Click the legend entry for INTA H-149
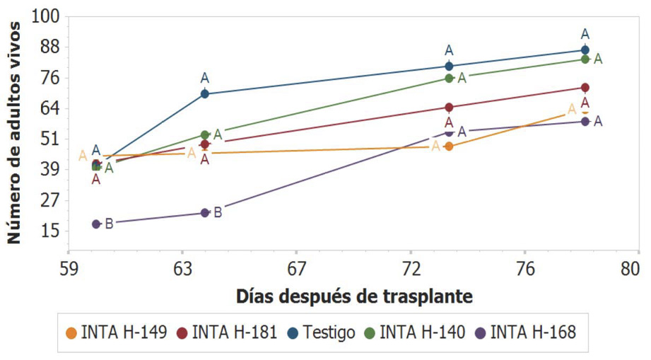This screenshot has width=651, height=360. [117, 332]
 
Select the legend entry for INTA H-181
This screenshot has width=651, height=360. [227, 332]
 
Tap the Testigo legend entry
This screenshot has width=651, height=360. [322, 332]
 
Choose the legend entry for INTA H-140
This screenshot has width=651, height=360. [415, 332]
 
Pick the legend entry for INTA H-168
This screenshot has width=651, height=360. [526, 332]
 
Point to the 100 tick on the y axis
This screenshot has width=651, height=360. [46, 16]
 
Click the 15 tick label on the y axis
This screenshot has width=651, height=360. [51, 231]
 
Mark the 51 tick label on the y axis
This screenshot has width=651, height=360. [51, 139]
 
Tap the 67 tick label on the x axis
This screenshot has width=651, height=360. [296, 269]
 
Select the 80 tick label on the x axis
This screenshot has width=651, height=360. [630, 269]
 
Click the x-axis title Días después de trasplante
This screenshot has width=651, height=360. [355, 297]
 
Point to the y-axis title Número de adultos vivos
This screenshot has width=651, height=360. [13, 133]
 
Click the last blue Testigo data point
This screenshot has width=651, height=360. [585, 50]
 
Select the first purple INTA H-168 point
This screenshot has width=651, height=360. [96, 223]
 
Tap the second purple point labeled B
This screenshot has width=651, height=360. [205, 213]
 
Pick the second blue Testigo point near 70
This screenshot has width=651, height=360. [205, 94]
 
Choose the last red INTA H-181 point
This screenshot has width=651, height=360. [585, 88]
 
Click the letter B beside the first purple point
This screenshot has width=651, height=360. [109, 223]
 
